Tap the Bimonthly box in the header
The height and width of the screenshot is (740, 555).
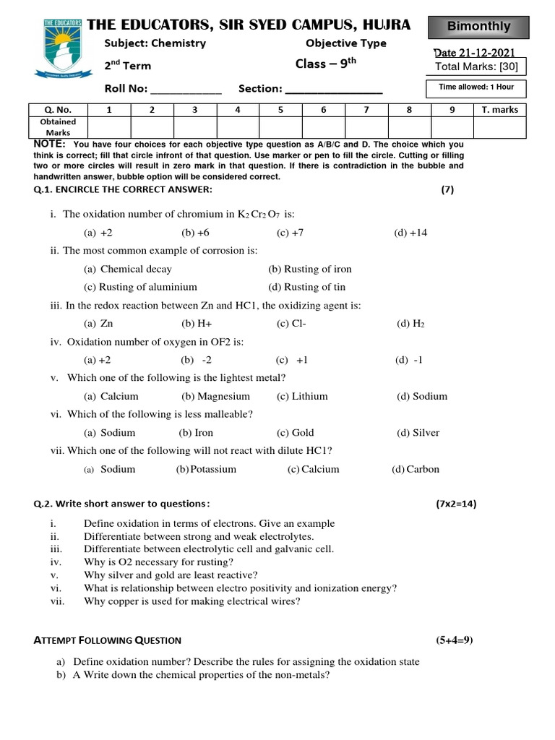tap(478, 27)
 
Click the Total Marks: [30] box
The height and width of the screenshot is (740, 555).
tap(476, 67)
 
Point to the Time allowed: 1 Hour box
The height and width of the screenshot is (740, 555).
tap(476, 87)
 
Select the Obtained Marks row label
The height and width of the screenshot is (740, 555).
tap(58, 127)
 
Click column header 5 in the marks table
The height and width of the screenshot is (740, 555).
tap(280, 110)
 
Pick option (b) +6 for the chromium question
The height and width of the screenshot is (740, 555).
tap(195, 233)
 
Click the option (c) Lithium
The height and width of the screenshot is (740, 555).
tap(302, 396)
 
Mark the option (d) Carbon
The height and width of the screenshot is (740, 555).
tap(416, 469)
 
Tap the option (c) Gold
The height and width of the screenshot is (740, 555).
tap(295, 433)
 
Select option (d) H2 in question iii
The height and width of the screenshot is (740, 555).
tap(410, 324)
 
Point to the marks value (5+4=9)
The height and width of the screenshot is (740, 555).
tap(454, 640)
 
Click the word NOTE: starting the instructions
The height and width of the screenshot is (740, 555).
tap(50, 145)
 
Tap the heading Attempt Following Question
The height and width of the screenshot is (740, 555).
tap(108, 640)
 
